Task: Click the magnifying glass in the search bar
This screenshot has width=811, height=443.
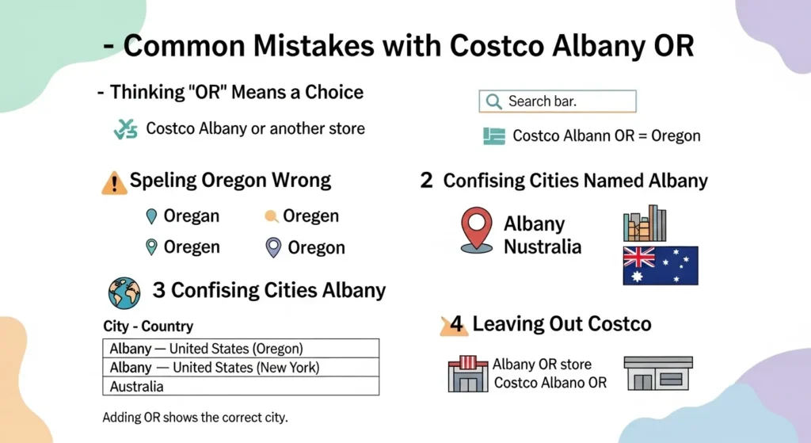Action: coord(493,101)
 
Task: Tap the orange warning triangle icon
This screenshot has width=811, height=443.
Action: coord(114,183)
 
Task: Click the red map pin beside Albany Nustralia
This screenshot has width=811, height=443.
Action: coord(476,231)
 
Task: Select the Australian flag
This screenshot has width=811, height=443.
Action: coord(661,265)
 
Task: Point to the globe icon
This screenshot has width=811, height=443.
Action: coord(124,292)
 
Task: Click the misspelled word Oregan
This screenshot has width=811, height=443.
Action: coord(191,216)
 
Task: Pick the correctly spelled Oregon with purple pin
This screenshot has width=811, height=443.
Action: coord(316,248)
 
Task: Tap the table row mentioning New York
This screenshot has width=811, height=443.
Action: coord(241,368)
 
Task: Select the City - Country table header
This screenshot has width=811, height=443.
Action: coord(148,327)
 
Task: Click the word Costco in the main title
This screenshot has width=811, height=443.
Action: coord(496,46)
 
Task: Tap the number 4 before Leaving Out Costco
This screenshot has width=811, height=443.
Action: coord(456,324)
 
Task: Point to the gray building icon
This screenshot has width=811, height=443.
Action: coord(657,373)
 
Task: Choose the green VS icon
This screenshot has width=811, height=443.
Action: coord(125,129)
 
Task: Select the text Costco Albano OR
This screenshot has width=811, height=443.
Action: coord(550,383)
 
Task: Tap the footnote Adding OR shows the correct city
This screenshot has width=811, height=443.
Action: coord(195,417)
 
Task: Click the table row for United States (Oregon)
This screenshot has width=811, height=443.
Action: coord(241,349)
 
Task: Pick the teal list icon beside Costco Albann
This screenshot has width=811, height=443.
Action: coord(494,136)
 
